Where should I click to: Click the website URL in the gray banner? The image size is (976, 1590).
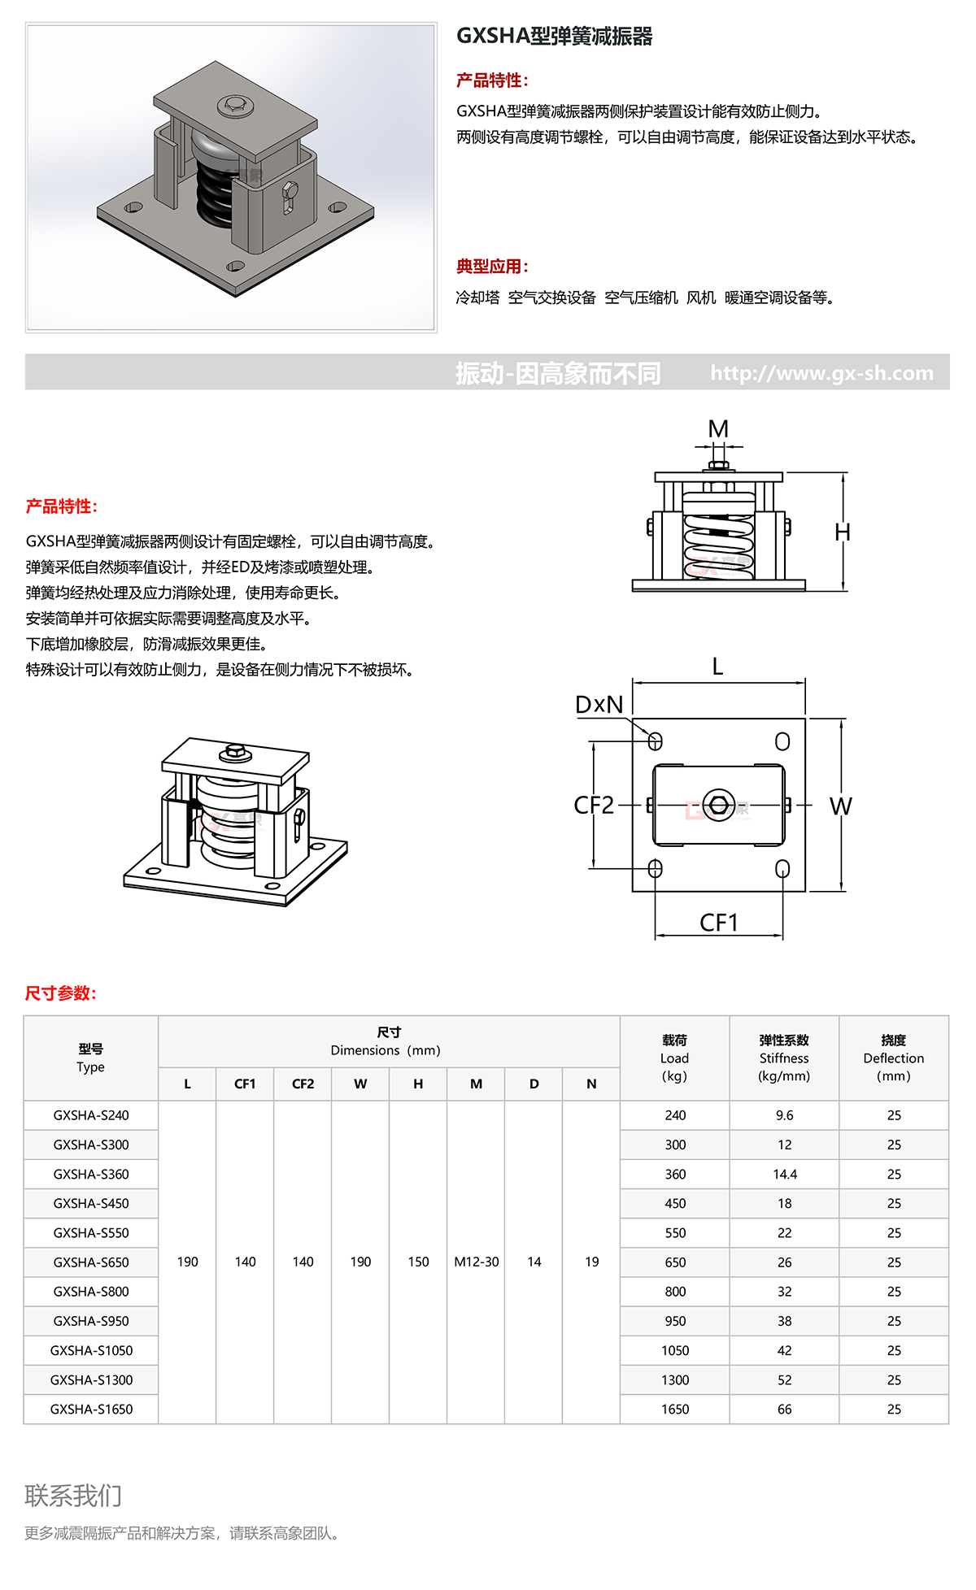click(x=821, y=373)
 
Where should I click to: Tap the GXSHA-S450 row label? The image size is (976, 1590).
click(x=91, y=1203)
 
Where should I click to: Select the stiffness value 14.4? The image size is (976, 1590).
click(x=784, y=1174)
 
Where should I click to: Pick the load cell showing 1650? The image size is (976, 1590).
click(x=674, y=1409)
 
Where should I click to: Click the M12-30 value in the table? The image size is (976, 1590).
click(x=476, y=1262)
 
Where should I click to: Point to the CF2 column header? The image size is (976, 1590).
click(x=303, y=1084)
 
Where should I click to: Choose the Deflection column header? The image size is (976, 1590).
click(x=893, y=1058)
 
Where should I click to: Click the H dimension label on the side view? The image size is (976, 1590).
click(x=843, y=532)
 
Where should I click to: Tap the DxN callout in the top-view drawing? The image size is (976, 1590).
click(x=599, y=705)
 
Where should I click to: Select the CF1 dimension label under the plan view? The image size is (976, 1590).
click(x=719, y=923)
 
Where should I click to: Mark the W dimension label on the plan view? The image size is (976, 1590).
click(x=840, y=806)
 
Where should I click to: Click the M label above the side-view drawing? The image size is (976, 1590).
click(x=718, y=428)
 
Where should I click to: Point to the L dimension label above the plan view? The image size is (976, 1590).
click(x=717, y=667)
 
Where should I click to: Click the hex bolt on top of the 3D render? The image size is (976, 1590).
click(x=233, y=105)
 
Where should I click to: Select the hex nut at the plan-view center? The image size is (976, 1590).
click(x=718, y=805)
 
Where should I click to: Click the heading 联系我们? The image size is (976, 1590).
click(x=73, y=1495)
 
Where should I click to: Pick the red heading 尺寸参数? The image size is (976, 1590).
click(x=61, y=993)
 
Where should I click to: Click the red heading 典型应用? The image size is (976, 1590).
click(x=492, y=266)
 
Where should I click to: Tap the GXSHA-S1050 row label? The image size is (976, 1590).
click(x=91, y=1350)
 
